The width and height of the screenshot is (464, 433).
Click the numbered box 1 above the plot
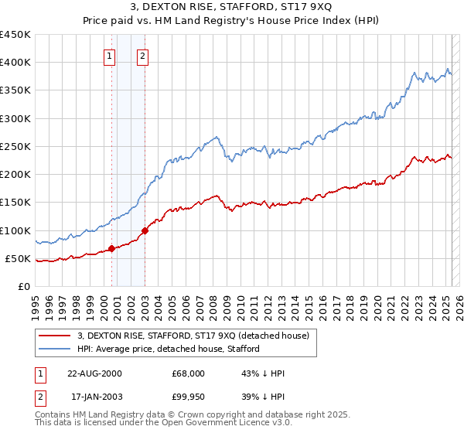pos(110,56)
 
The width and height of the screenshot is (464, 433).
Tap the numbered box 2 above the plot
pos(144,56)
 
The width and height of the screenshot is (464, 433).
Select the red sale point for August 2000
pos(112,248)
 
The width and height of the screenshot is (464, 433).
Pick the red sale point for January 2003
pos(145,230)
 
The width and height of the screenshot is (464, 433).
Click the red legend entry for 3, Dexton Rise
pos(193,336)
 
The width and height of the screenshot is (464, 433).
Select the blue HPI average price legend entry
pos(168,349)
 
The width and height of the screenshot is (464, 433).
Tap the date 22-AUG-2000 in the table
pos(94,373)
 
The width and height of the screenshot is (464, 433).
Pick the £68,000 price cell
pos(189,373)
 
